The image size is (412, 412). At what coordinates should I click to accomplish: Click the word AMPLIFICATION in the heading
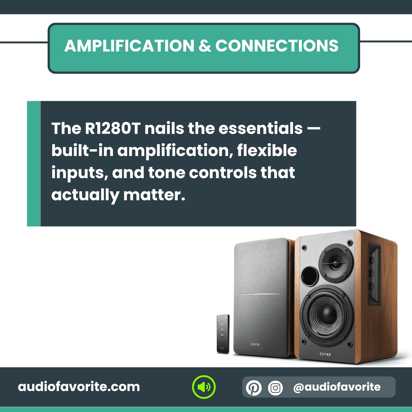click(129, 46)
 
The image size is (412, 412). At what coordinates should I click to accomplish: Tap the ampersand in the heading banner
click(205, 46)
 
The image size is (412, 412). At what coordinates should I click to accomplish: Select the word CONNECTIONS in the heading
click(277, 46)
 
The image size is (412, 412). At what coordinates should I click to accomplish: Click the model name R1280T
click(113, 129)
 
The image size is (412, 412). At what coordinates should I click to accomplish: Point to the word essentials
click(261, 129)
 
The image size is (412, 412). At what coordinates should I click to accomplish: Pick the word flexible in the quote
click(267, 150)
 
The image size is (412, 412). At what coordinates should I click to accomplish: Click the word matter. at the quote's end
click(154, 195)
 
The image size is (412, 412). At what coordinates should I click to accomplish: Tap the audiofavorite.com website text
click(79, 387)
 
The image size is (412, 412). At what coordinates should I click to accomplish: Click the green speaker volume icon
click(204, 387)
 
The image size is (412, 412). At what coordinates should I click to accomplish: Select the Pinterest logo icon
click(254, 388)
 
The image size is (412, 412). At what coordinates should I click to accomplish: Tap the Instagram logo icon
click(275, 388)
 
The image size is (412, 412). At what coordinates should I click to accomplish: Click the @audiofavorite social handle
click(336, 387)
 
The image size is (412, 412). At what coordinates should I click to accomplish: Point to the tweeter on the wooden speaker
click(336, 263)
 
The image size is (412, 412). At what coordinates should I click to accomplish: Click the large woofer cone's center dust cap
click(327, 314)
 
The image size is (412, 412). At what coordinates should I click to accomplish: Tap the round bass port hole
click(310, 276)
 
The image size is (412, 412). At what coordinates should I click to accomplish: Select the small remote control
click(223, 334)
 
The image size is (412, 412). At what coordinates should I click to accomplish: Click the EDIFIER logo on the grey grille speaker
click(255, 344)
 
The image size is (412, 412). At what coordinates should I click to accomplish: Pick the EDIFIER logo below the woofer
click(325, 354)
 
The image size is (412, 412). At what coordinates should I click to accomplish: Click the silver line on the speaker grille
click(259, 294)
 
